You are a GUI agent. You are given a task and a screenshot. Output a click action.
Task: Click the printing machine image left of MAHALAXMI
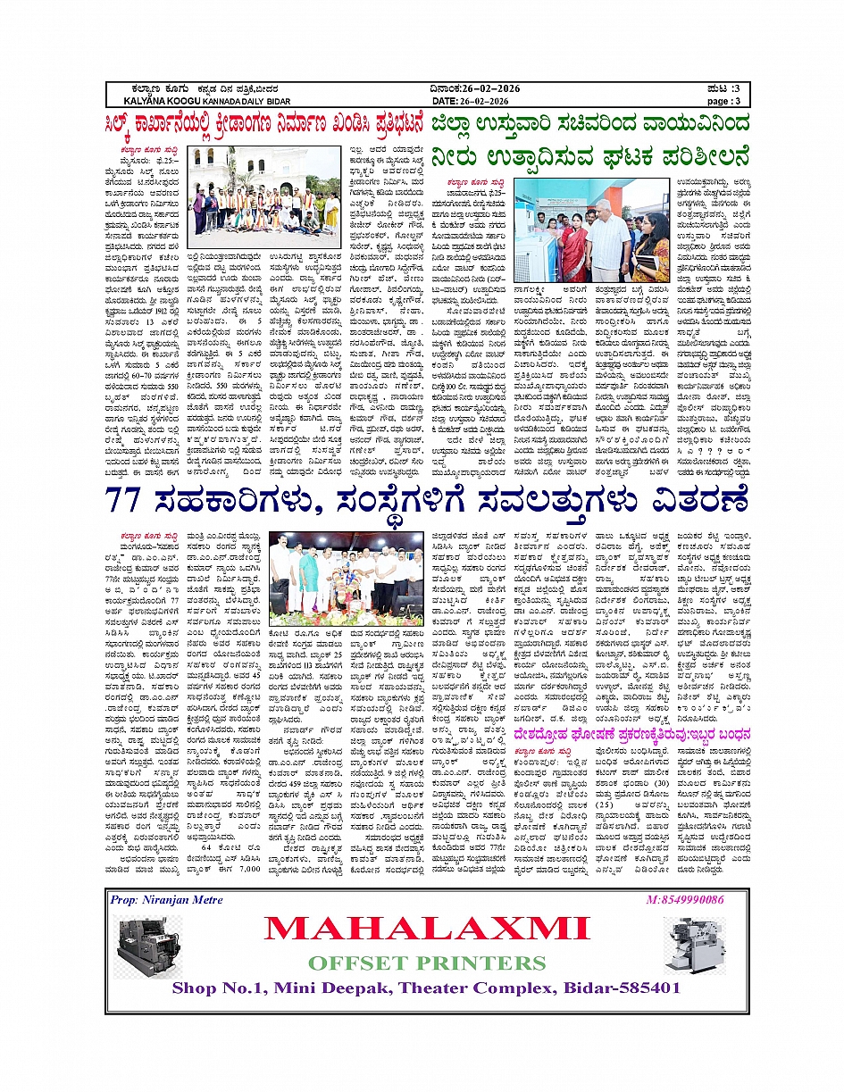click(148, 945)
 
